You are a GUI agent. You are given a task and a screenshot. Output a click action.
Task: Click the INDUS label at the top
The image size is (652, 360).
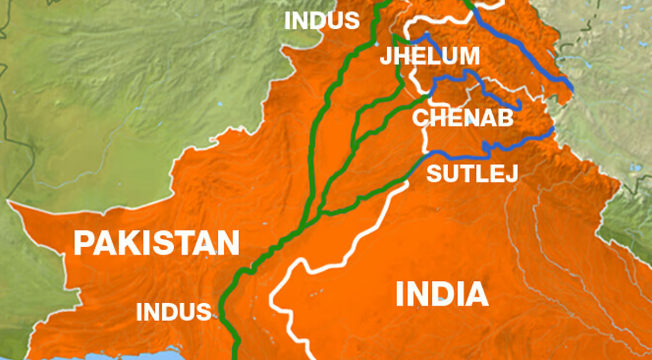pos(321,21)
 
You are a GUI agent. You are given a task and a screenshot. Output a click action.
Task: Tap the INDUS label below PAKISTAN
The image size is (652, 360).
pos(173,312)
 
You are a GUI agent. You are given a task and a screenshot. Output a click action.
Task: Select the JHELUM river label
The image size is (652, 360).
pos(429,56)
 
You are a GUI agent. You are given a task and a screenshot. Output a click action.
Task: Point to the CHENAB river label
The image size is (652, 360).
pos(462,118)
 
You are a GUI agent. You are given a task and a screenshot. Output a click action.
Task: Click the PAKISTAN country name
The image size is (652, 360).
pos(156,243)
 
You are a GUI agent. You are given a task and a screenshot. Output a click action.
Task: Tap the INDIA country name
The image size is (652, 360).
pos(442,294)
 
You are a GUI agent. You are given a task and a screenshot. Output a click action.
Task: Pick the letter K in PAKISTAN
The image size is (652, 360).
pos(127,243)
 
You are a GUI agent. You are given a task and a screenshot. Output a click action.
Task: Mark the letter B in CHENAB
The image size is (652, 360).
pos(505,118)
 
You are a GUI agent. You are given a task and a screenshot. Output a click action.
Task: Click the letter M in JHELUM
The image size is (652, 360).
pos(468,56)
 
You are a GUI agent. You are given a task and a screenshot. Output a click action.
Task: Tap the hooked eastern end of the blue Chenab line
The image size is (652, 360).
pos(519,106)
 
